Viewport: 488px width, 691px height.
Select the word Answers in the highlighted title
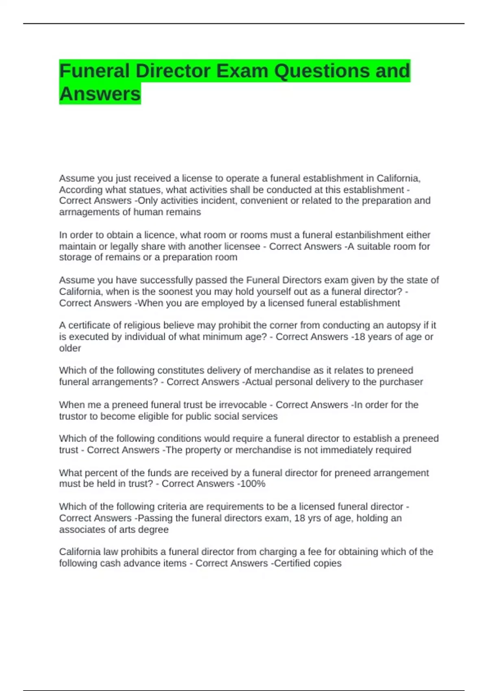point(100,94)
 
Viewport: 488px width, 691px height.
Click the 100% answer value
point(253,484)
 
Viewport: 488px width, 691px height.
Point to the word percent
point(95,473)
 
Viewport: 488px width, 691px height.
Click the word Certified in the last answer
point(290,563)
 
